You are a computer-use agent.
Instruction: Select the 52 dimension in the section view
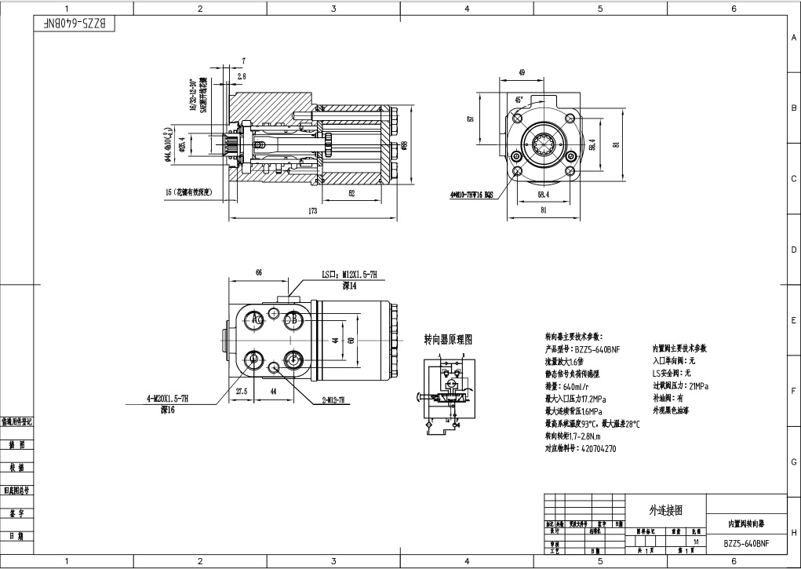click(351, 192)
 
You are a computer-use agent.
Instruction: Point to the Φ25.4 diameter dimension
click(181, 146)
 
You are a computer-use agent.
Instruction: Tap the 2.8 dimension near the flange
click(241, 76)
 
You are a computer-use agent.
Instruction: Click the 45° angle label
click(519, 100)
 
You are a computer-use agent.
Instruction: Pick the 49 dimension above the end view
click(522, 72)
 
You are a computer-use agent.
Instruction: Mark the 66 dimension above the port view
click(258, 272)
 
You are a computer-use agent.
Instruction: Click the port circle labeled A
click(256, 320)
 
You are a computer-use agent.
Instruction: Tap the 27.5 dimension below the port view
click(242, 390)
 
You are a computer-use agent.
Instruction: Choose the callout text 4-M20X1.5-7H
click(172, 399)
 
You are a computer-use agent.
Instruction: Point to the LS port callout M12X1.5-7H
click(350, 274)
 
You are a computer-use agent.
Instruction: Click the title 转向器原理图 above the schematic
click(448, 340)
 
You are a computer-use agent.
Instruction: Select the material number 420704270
click(596, 449)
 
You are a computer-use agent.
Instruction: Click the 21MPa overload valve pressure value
click(697, 386)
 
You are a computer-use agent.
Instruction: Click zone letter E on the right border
click(793, 321)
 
